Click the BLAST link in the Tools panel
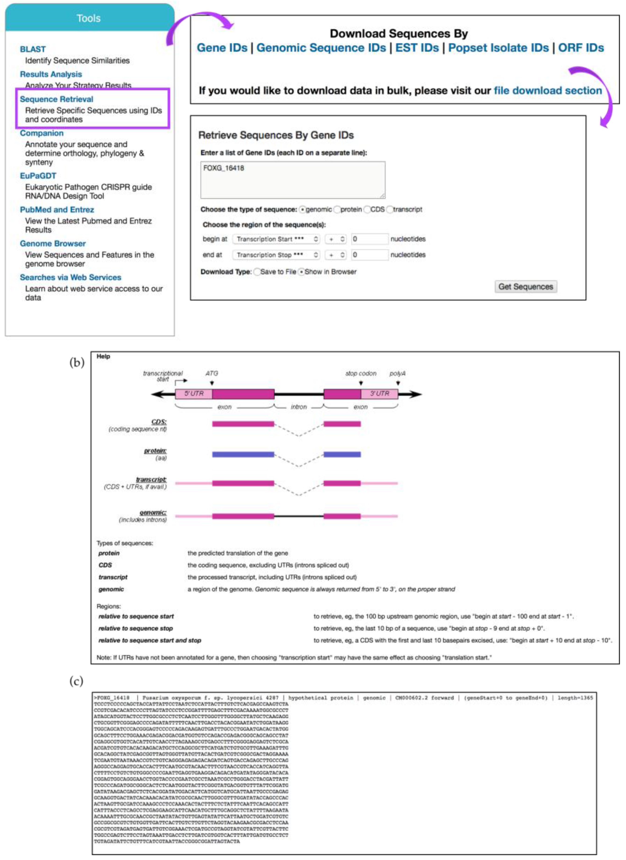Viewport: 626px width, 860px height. (33, 49)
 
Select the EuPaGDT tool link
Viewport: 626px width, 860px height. (38, 176)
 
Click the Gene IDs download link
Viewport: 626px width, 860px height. (222, 48)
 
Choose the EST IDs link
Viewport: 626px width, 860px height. (417, 48)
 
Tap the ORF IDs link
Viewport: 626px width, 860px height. (581, 48)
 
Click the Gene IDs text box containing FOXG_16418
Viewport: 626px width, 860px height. (293, 180)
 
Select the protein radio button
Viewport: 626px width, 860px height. (337, 210)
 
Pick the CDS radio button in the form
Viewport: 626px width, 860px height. (367, 210)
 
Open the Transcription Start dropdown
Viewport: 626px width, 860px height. (276, 239)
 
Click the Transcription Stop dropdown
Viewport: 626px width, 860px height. (276, 255)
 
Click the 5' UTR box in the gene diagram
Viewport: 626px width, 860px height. (194, 394)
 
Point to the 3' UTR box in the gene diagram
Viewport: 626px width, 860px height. (379, 394)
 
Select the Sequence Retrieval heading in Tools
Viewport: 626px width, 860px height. (57, 99)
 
